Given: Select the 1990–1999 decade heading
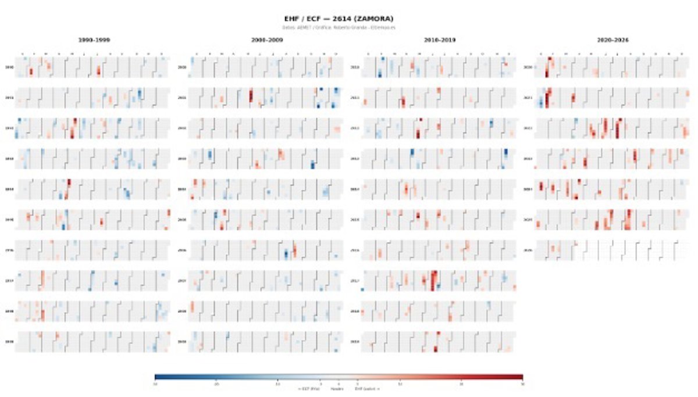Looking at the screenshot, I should [x=95, y=40].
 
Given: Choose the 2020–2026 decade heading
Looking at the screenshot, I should [x=612, y=40].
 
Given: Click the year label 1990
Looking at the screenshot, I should [x=9, y=67].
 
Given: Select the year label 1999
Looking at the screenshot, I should [x=9, y=342].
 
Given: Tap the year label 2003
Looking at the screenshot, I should [x=181, y=159].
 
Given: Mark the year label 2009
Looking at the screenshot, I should [x=181, y=342].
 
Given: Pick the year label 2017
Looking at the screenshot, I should [x=354, y=281].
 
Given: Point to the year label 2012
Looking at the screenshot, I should [x=354, y=128].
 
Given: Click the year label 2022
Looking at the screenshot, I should [x=528, y=128].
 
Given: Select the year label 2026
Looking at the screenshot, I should [x=528, y=251].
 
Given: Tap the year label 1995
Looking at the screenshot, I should [x=9, y=220].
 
